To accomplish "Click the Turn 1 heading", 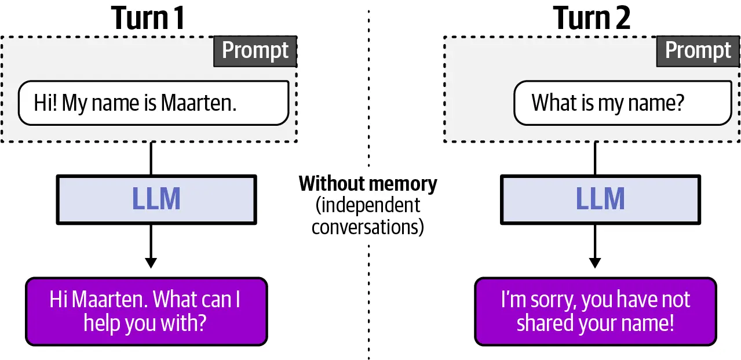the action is (148, 18).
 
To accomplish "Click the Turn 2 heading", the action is (592, 18).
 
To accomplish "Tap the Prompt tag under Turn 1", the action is (255, 51).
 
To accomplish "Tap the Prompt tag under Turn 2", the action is (698, 51).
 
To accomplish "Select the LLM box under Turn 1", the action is (156, 200).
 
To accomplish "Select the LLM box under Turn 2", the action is (600, 200).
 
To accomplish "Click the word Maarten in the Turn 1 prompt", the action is (199, 103).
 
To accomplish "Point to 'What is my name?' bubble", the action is (623, 103).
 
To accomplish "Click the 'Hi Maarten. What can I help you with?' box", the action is (146, 312).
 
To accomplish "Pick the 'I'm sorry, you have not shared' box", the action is (596, 312).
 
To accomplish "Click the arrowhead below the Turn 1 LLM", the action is (151, 263).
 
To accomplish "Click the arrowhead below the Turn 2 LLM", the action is (595, 263).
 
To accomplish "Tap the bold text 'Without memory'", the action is (368, 184).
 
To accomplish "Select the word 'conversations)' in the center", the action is (367, 227).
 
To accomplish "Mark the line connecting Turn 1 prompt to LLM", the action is (151, 158).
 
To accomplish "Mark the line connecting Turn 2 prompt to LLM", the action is (595, 158).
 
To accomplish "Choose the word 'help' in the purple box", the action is (101, 323).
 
